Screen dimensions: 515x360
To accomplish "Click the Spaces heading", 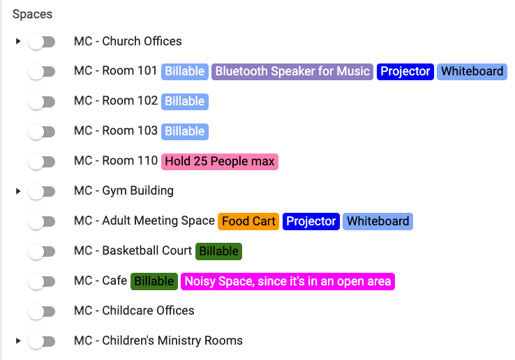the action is [x=32, y=14].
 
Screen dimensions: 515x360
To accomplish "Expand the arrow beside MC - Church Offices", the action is [x=18, y=41].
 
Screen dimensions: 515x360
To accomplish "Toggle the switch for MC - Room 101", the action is [x=42, y=72].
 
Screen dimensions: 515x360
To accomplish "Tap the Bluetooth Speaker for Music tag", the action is [x=292, y=72].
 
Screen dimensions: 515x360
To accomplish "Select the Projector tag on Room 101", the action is [x=405, y=72].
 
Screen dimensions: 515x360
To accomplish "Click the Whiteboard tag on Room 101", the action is [x=472, y=72].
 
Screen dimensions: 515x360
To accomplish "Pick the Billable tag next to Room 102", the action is [x=185, y=102].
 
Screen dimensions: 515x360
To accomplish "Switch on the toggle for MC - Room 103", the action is [x=42, y=132].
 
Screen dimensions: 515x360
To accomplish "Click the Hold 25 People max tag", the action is [x=220, y=162].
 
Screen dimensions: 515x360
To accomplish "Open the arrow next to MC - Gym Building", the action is [x=18, y=191].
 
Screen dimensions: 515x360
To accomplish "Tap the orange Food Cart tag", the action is [x=249, y=222].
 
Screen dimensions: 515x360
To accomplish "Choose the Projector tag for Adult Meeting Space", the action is [x=311, y=222].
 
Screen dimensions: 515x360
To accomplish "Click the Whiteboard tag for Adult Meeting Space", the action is [x=378, y=222].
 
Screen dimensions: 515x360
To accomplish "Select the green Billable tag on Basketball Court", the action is [x=219, y=251].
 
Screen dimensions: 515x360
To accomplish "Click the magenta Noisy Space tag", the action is [x=288, y=281].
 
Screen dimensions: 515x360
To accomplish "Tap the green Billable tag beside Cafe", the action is [x=154, y=281].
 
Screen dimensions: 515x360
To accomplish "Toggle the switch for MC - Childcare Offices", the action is [x=42, y=312].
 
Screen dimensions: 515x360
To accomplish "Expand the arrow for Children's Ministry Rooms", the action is [x=18, y=341].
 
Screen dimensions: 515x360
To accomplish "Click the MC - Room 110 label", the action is [x=116, y=161].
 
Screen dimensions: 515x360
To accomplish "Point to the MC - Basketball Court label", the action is [x=133, y=251].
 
